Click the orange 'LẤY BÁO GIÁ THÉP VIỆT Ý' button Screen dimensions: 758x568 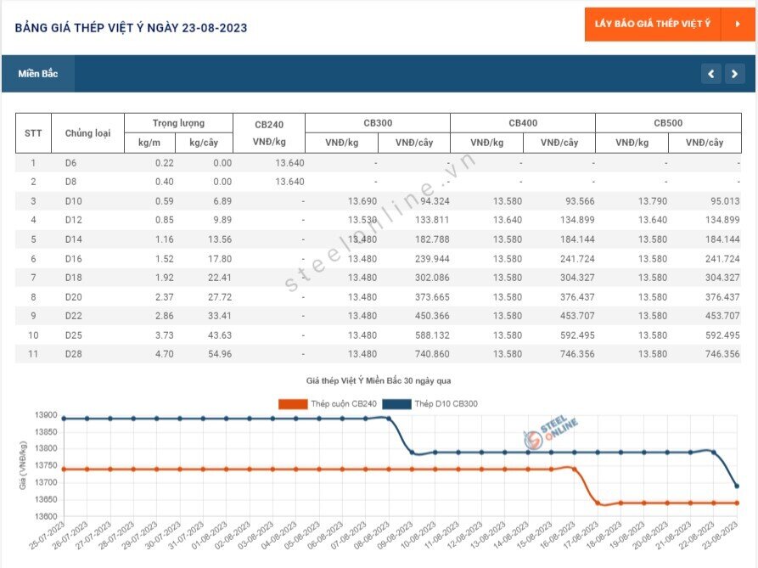click(x=670, y=24)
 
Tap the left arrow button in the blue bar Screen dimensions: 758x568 click(x=711, y=74)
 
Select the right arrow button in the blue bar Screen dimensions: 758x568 click(x=735, y=74)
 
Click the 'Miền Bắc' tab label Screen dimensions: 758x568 click(x=38, y=74)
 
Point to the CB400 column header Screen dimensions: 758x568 click(x=523, y=123)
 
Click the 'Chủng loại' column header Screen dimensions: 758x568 click(x=87, y=133)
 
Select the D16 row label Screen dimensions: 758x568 click(x=74, y=259)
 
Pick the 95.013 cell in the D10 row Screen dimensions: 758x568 click(x=725, y=201)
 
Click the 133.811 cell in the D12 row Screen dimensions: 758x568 click(x=432, y=220)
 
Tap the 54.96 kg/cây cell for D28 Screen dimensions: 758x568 click(x=220, y=354)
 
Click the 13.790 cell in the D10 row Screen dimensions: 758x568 click(x=653, y=201)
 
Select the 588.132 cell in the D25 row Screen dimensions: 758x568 click(x=432, y=335)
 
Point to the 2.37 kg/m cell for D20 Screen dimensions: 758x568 click(x=165, y=297)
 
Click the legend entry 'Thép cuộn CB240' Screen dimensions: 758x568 click(x=328, y=403)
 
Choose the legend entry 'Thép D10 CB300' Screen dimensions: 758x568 click(x=430, y=403)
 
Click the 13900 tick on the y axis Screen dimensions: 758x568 click(x=46, y=415)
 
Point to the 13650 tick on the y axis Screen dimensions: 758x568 click(x=46, y=499)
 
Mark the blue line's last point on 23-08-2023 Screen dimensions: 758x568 click(x=737, y=486)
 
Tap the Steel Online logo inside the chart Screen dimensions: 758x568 click(x=550, y=431)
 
